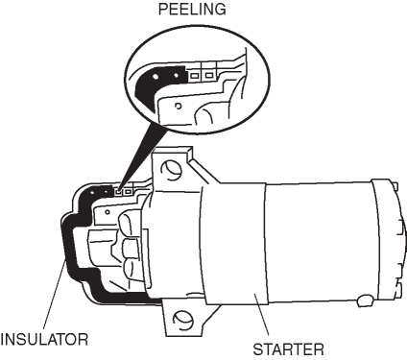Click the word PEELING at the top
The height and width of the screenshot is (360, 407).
[192, 10]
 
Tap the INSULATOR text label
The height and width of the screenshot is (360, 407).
[44, 339]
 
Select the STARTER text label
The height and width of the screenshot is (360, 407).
[289, 349]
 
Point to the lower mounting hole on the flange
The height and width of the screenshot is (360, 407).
[182, 320]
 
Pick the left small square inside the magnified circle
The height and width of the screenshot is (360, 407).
[194, 76]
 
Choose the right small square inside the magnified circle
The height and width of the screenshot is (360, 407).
[209, 76]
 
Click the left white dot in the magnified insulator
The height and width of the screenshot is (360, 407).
[156, 77]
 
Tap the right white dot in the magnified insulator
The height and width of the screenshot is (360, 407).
[176, 76]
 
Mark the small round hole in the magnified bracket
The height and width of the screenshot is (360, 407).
[179, 106]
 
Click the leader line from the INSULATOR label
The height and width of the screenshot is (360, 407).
[54, 297]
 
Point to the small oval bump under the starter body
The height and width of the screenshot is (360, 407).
[365, 300]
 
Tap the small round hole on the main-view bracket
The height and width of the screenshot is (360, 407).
[108, 212]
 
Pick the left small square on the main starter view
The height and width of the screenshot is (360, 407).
[118, 192]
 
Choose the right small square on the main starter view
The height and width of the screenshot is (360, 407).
[129, 191]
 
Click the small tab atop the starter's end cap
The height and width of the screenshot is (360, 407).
[395, 185]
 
